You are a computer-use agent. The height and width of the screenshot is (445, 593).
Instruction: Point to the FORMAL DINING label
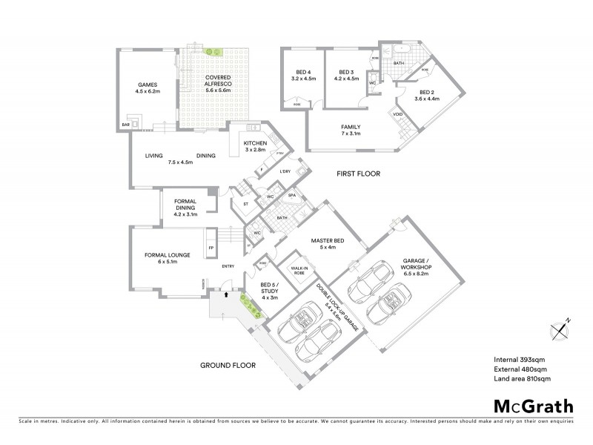coord(185,208)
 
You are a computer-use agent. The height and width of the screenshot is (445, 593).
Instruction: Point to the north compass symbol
coord(560,328)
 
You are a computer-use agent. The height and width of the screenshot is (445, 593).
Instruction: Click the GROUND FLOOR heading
coord(227,366)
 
